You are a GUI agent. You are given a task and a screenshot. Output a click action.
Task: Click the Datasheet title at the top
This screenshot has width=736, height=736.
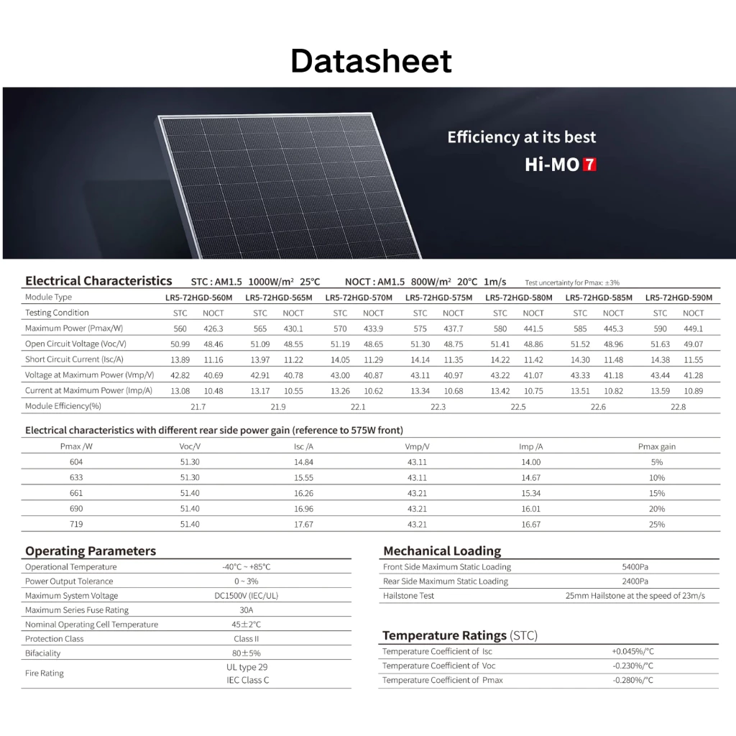tap(371, 62)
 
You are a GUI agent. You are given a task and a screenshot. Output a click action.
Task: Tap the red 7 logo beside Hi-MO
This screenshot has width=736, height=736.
tap(589, 165)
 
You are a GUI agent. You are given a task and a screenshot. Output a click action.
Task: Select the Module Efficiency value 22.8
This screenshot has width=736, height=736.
tap(678, 407)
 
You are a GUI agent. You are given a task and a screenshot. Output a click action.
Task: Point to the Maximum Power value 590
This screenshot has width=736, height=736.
tap(660, 328)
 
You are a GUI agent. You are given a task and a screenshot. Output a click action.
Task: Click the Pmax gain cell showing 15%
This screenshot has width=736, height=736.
tap(656, 493)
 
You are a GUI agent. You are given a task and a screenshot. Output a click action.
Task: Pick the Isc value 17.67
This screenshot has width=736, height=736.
tap(304, 525)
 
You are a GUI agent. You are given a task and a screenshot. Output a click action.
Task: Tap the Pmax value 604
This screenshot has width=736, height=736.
tap(76, 462)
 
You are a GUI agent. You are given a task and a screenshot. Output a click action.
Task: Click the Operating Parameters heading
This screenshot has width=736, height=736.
tap(91, 551)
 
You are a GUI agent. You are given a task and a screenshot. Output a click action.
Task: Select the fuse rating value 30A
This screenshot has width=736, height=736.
tap(247, 610)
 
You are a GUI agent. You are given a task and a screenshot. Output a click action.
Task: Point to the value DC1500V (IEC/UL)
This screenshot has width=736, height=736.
tap(247, 596)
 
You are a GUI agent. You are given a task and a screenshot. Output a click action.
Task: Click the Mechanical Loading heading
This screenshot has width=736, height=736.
tap(442, 551)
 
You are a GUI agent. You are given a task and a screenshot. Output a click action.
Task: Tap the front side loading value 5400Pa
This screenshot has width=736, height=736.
tap(635, 567)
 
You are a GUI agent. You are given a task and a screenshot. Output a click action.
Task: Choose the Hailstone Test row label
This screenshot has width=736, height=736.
tap(408, 596)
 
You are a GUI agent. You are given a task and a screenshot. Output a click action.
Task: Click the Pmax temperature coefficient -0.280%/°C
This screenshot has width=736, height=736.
tap(632, 680)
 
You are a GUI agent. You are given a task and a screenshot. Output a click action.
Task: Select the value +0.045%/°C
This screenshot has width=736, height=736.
tap(632, 651)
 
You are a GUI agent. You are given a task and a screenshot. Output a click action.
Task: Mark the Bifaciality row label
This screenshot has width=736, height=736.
tap(43, 653)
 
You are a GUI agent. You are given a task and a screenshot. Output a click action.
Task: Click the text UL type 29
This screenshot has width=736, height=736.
tap(247, 667)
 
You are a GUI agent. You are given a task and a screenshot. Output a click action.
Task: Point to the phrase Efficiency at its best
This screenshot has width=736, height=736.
tap(521, 137)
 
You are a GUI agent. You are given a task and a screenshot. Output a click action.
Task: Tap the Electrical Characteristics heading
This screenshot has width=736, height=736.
tap(98, 281)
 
